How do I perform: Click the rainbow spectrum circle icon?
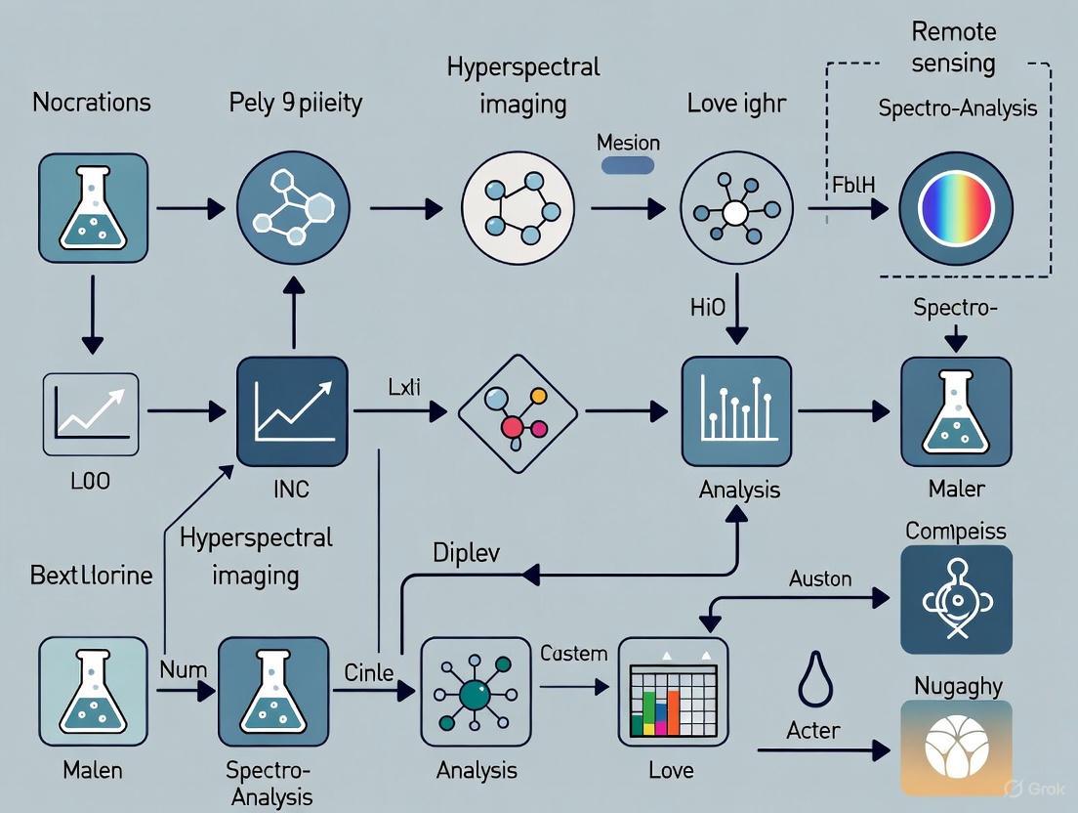956,207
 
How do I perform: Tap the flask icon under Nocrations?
93,207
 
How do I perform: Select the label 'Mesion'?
628,143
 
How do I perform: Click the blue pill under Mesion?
627,165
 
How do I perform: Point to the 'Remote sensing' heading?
953,47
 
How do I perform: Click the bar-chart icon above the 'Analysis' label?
736,410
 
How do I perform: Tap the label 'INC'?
291,488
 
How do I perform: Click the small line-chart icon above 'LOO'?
91,414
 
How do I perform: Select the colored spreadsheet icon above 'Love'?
673,692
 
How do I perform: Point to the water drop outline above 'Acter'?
814,679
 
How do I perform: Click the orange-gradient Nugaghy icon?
955,748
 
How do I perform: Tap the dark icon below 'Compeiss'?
955,599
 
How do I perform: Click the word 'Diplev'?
465,552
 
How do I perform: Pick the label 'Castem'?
573,653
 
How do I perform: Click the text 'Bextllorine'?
91,575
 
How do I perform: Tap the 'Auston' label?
819,578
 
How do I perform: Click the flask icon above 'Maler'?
955,410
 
